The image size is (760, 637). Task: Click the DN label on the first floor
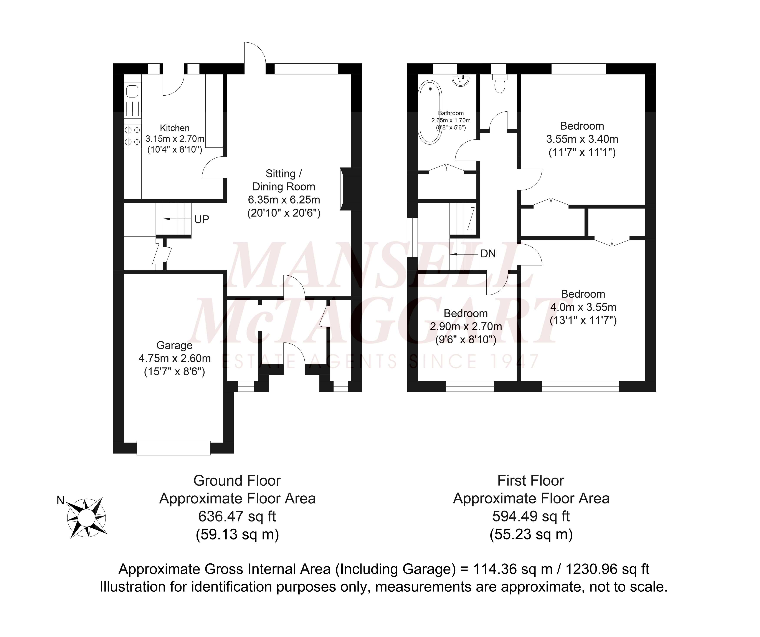pyautogui.click(x=488, y=254)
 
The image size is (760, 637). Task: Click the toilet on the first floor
pyautogui.click(x=500, y=85)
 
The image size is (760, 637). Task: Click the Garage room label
pyautogui.click(x=174, y=345)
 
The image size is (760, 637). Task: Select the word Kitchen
pyautogui.click(x=175, y=128)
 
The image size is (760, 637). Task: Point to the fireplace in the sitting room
pyautogui.click(x=343, y=189)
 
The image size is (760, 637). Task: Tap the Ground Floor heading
pyautogui.click(x=237, y=481)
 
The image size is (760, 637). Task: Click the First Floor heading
pyautogui.click(x=530, y=481)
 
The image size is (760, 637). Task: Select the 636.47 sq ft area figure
pyautogui.click(x=237, y=516)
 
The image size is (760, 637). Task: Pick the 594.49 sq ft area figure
pyautogui.click(x=531, y=516)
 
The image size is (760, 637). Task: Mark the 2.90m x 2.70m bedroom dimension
pyautogui.click(x=466, y=326)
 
